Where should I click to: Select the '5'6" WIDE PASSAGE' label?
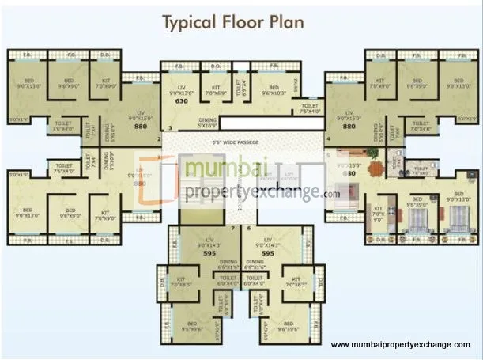pos(241,142)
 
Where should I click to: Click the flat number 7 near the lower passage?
pos(231,228)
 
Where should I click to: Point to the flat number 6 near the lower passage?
pos(249,228)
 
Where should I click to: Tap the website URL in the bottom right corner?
pos(404,346)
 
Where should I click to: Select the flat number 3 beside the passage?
pos(168,128)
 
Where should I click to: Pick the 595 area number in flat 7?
pos(210,254)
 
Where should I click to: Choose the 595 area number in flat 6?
pos(269,254)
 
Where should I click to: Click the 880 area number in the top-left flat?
pos(142,127)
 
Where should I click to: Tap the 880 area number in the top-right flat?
pos(348,127)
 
